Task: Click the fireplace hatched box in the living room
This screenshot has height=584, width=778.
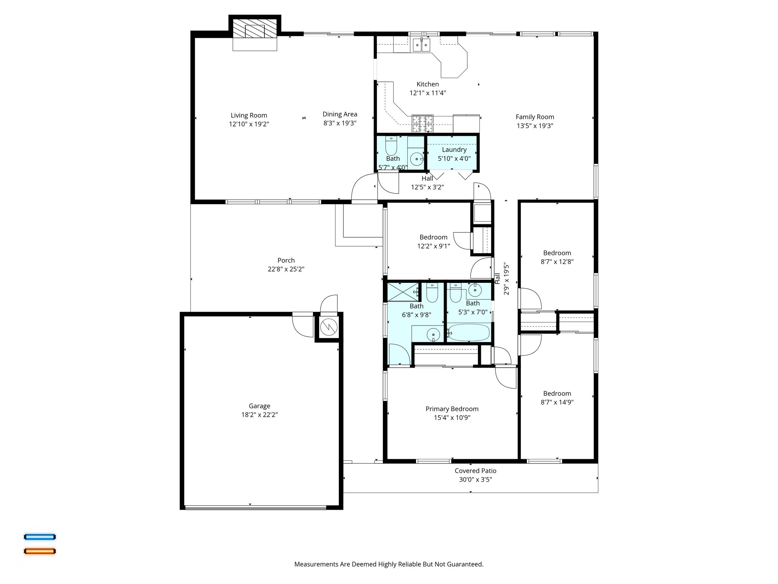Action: pyautogui.click(x=255, y=29)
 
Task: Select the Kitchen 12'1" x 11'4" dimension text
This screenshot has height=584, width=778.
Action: pyautogui.click(x=427, y=93)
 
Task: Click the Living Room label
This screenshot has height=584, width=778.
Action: pyautogui.click(x=249, y=115)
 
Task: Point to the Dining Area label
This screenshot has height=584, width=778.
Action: pyautogui.click(x=340, y=114)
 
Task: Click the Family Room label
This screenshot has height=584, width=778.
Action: pyautogui.click(x=534, y=117)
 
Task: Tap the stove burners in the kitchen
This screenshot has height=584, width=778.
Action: pyautogui.click(x=422, y=123)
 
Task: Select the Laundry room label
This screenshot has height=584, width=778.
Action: pyautogui.click(x=454, y=149)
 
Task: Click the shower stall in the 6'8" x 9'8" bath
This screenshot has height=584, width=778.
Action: pyautogui.click(x=402, y=292)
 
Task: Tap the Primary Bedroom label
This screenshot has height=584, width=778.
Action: pyautogui.click(x=452, y=409)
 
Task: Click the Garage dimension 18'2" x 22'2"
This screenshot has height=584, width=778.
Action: pyautogui.click(x=259, y=415)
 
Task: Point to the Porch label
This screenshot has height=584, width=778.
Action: pyautogui.click(x=286, y=260)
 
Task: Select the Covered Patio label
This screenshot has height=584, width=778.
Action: pyautogui.click(x=475, y=471)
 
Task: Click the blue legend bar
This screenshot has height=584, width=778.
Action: pyautogui.click(x=40, y=537)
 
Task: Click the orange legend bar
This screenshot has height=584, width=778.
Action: pyautogui.click(x=40, y=551)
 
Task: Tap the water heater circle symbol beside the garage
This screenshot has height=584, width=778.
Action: pyautogui.click(x=329, y=327)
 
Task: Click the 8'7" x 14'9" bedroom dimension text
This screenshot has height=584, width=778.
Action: pyautogui.click(x=557, y=402)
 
